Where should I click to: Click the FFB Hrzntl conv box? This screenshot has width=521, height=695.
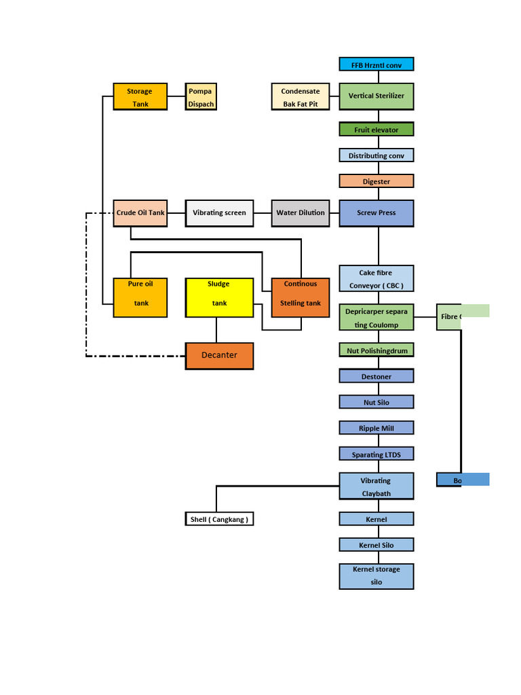pyautogui.click(x=376, y=64)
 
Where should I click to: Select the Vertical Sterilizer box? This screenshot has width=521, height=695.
pyautogui.click(x=376, y=96)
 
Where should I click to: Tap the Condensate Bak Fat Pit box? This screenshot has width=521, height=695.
pyautogui.click(x=301, y=97)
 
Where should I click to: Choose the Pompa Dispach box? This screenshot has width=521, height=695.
pyautogui.click(x=201, y=97)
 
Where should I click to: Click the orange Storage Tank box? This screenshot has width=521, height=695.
pyautogui.click(x=140, y=97)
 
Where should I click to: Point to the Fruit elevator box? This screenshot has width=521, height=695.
pyautogui.click(x=376, y=129)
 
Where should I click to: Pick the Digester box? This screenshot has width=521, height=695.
pyautogui.click(x=376, y=181)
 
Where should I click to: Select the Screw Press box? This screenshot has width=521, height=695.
pyautogui.click(x=376, y=213)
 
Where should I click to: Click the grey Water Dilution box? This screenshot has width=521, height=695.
pyautogui.click(x=301, y=213)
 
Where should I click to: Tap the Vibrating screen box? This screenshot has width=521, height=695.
pyautogui.click(x=219, y=213)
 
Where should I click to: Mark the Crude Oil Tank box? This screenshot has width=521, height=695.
pyautogui.click(x=140, y=213)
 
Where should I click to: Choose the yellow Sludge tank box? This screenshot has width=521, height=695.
pyautogui.click(x=219, y=297)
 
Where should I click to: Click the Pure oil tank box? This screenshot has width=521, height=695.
pyautogui.click(x=140, y=297)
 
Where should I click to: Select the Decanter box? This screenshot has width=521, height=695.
pyautogui.click(x=219, y=356)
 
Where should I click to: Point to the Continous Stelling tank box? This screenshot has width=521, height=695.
pyautogui.click(x=301, y=297)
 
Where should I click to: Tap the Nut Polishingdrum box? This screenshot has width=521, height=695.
pyautogui.click(x=376, y=350)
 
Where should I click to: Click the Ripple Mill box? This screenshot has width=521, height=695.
pyautogui.click(x=376, y=428)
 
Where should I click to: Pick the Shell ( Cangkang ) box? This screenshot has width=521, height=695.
pyautogui.click(x=219, y=519)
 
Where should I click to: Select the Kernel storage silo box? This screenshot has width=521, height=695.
pyautogui.click(x=376, y=576)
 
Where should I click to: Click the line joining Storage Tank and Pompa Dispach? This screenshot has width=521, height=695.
pyautogui.click(x=176, y=96)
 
